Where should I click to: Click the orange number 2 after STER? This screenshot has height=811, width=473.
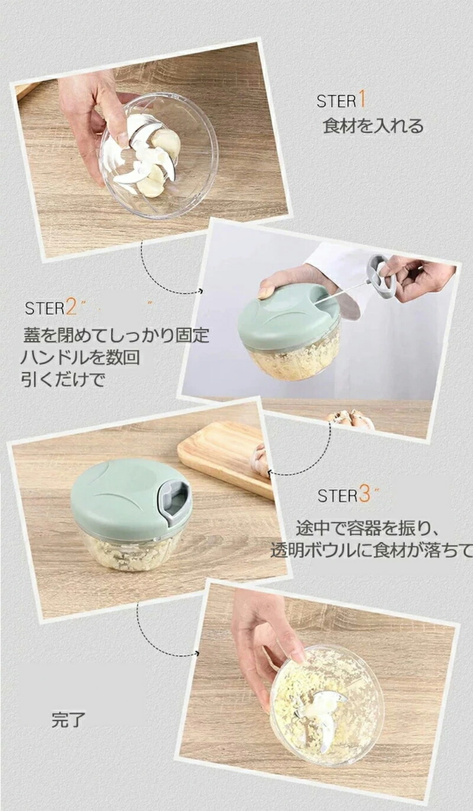72,308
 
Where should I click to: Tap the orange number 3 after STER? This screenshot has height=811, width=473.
365,495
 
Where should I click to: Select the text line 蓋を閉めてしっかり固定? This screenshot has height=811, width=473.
116,335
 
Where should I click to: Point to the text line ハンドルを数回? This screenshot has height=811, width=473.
80,357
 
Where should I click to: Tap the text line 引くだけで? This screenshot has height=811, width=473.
63,380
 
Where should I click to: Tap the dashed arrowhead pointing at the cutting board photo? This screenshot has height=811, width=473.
270,472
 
